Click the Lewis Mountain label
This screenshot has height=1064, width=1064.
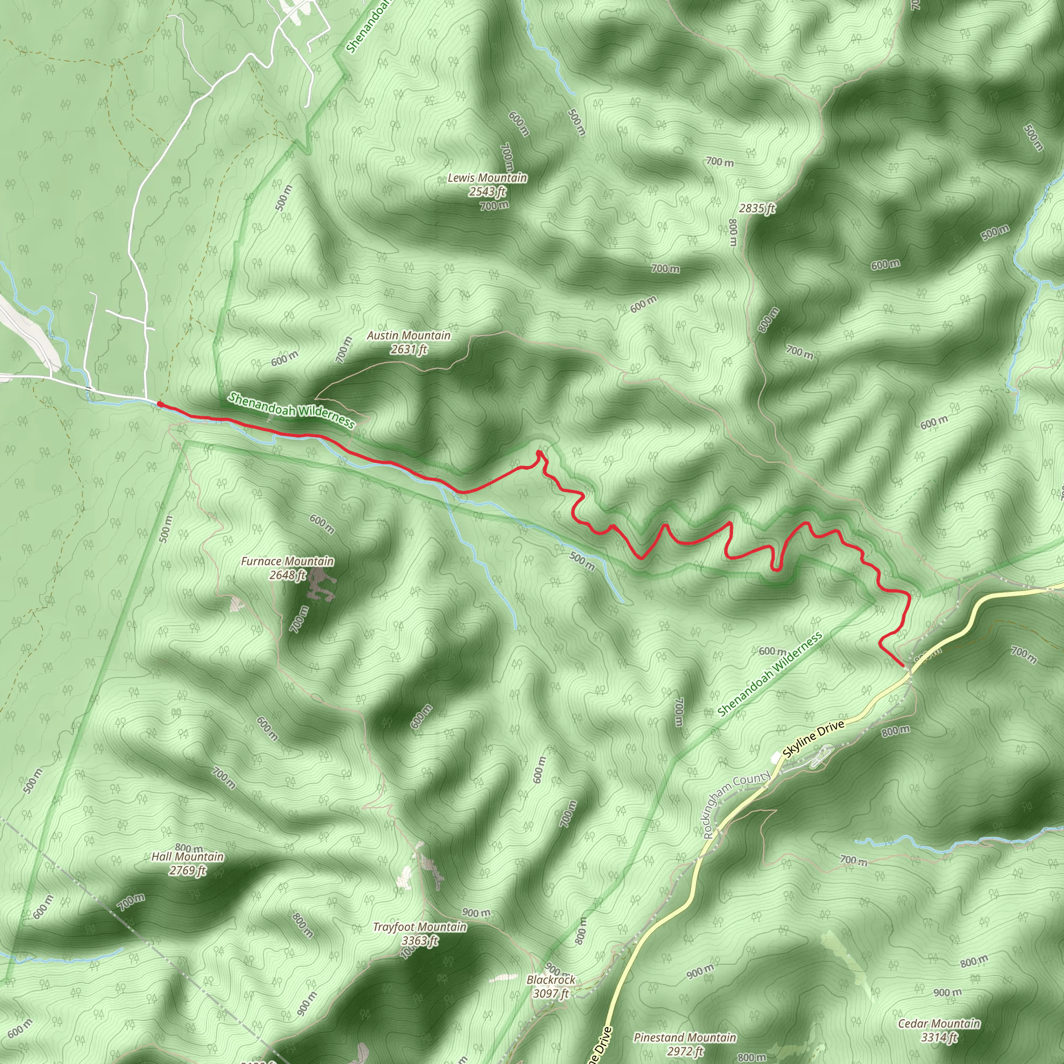(487, 178)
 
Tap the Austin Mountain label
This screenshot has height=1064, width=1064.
(409, 336)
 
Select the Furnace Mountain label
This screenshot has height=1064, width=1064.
(287, 561)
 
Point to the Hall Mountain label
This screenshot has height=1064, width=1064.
(187, 856)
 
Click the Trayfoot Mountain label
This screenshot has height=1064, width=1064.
(420, 927)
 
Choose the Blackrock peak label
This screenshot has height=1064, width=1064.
(551, 980)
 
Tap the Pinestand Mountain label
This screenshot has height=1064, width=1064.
(685, 1038)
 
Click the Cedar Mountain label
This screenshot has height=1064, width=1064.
(939, 1023)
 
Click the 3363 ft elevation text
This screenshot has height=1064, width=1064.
(420, 941)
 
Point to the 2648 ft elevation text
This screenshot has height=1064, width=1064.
(287, 575)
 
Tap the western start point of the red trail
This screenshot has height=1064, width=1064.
(159, 404)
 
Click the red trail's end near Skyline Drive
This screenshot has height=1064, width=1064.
(901, 666)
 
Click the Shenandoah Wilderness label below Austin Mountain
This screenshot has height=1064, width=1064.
(292, 410)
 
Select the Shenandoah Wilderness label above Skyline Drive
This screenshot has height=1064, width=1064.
(769, 675)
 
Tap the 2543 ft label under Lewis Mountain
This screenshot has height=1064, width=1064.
(487, 192)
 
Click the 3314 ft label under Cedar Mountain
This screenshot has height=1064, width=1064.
(939, 1037)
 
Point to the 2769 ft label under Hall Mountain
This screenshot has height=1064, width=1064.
(187, 870)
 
